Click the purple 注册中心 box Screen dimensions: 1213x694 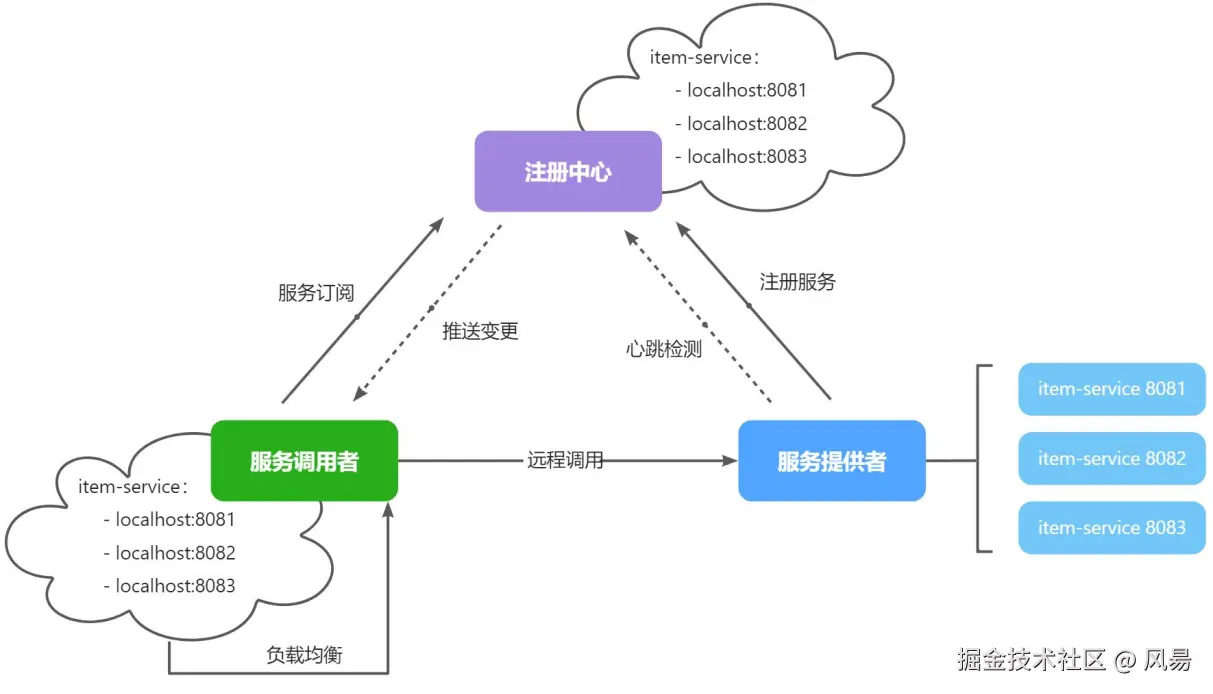click(x=568, y=171)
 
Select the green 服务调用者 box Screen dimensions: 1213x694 click(x=304, y=461)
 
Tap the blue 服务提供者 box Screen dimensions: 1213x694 click(x=832, y=461)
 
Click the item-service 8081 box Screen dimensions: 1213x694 click(x=1112, y=389)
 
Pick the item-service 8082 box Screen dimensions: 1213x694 click(x=1112, y=459)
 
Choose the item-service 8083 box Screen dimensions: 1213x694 click(x=1112, y=528)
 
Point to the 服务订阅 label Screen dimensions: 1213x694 click(x=316, y=293)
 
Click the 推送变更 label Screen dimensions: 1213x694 click(x=480, y=331)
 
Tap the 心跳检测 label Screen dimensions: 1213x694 click(x=664, y=349)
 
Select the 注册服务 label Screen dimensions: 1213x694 click(x=798, y=281)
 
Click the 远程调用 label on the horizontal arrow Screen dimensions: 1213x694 click(x=565, y=460)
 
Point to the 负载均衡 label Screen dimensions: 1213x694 click(x=304, y=655)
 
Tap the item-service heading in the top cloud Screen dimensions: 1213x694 click(x=704, y=57)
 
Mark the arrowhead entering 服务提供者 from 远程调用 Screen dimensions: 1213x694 click(x=730, y=461)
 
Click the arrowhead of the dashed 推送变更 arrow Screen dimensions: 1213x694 click(x=359, y=394)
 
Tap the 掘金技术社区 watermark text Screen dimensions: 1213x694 click(x=1031, y=659)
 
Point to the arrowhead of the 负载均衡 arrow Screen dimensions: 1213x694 click(x=388, y=510)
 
